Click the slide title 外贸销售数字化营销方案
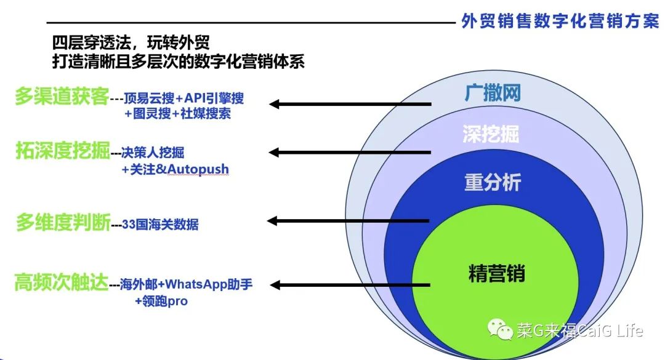(x=560, y=21)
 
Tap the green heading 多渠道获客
(x=62, y=97)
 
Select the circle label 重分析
(x=491, y=182)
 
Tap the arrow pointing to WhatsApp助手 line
(x=351, y=284)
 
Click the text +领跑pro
(x=161, y=302)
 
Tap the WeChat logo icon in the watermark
(x=501, y=330)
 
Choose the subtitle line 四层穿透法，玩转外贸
(x=131, y=44)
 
